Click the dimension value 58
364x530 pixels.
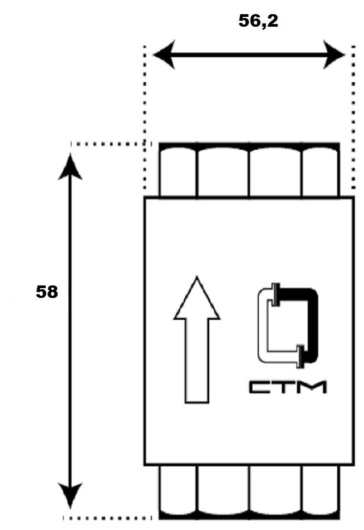(47, 292)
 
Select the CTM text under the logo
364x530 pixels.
(288, 387)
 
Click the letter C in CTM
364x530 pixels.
(259, 387)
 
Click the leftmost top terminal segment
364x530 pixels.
(177, 171)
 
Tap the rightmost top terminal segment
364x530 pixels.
(320, 171)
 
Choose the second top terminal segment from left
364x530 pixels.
(223, 171)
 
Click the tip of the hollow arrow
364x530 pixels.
(197, 279)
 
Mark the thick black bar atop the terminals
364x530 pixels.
(249, 145)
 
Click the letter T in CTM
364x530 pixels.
(286, 387)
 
